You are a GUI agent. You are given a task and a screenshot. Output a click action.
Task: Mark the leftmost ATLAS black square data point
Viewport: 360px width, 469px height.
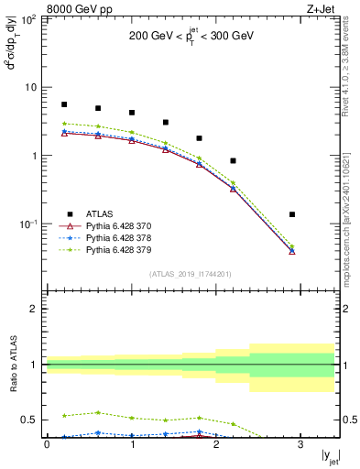pos(64,104)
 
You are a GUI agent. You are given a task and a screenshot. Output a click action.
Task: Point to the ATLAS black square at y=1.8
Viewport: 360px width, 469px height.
pos(199,138)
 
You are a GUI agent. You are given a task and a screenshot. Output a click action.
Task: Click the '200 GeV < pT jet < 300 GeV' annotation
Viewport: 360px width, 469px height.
pos(191,37)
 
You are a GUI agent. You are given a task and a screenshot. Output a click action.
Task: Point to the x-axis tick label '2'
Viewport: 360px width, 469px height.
pos(216,444)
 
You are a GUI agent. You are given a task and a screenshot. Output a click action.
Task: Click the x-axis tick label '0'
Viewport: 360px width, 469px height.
pos(47,444)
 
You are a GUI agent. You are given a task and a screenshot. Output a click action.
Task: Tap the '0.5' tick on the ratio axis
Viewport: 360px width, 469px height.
pos(30,420)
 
